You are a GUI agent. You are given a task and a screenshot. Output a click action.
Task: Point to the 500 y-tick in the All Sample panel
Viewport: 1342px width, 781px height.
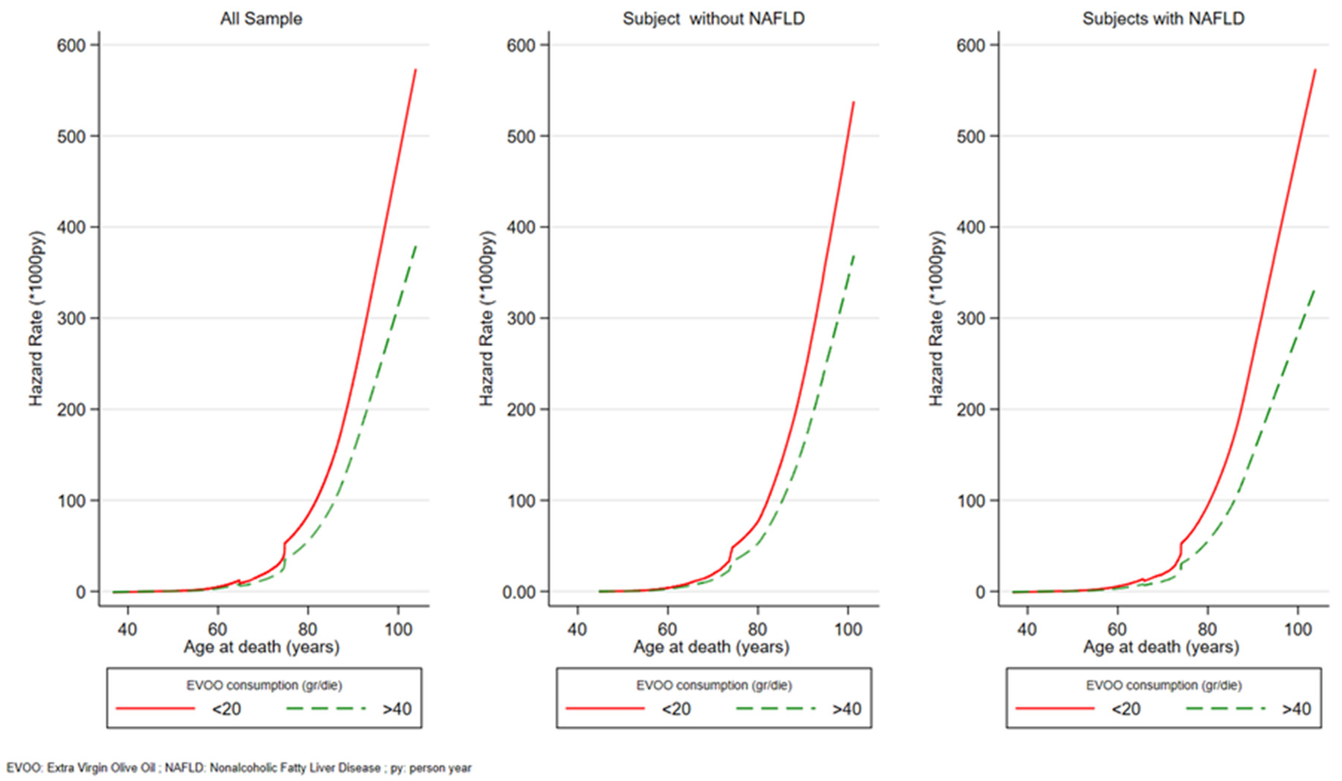71,137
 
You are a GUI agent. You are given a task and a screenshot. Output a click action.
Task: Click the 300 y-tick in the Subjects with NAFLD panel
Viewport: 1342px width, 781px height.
970,319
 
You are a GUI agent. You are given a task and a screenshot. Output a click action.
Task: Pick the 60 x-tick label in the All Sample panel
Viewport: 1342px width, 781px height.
217,630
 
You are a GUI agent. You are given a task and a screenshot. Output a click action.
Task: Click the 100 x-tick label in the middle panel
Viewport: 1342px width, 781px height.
847,630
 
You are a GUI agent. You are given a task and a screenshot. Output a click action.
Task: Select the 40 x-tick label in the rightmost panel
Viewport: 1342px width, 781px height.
1026,630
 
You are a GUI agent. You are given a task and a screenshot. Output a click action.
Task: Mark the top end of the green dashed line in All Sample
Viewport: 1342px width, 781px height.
416,246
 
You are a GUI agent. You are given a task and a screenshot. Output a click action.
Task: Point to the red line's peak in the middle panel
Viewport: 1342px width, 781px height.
854,102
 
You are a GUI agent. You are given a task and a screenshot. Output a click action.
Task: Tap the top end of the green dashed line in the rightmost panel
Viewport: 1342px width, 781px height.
1315,290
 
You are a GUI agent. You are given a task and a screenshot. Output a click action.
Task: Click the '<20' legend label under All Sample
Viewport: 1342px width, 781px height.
226,709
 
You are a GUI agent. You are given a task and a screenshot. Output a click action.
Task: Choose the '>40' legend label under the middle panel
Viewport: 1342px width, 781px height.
847,709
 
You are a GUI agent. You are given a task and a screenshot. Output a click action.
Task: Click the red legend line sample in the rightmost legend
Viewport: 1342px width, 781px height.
1054,708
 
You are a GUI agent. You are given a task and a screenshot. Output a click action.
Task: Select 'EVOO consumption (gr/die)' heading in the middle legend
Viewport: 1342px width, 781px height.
714,685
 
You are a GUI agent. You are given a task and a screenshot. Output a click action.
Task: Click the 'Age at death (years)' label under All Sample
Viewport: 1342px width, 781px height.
261,647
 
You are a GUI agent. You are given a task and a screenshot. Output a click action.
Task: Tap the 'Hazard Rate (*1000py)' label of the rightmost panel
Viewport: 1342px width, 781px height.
936,319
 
